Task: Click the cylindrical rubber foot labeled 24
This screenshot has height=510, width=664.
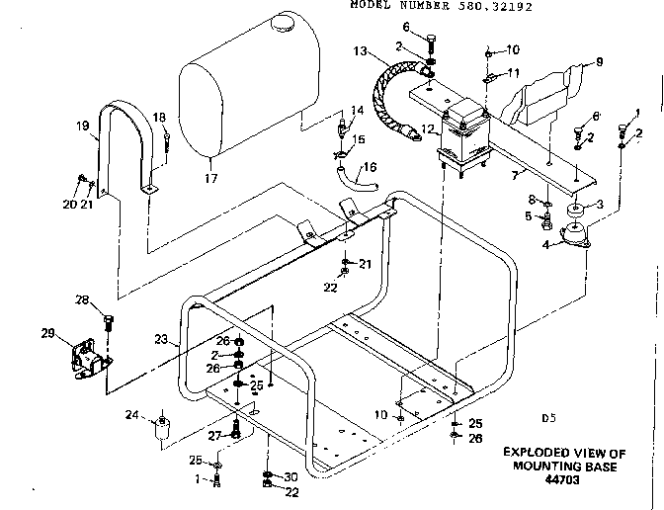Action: pos(161,428)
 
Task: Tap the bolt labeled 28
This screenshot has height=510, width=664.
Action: pos(109,321)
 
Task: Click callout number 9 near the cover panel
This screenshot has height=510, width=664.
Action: pos(598,63)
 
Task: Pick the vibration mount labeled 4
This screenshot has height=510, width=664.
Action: pos(572,237)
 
